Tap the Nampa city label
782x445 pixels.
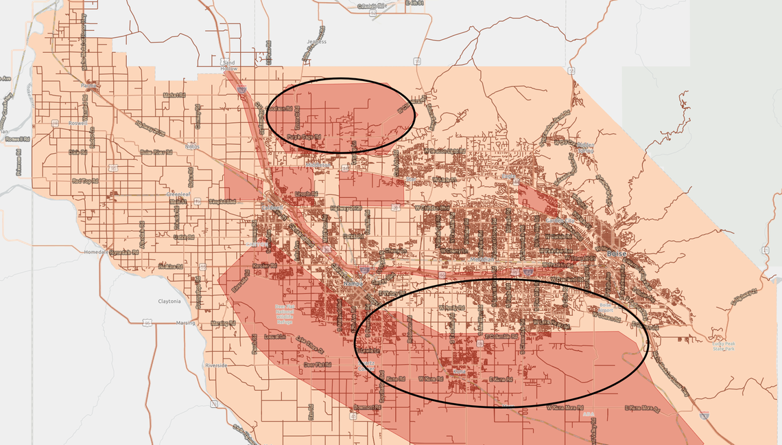[353, 283]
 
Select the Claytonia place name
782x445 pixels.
[169, 301]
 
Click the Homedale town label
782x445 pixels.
[93, 251]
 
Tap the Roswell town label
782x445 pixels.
[78, 123]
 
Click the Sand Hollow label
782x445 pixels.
[229, 66]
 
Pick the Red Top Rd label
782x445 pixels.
[86, 181]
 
